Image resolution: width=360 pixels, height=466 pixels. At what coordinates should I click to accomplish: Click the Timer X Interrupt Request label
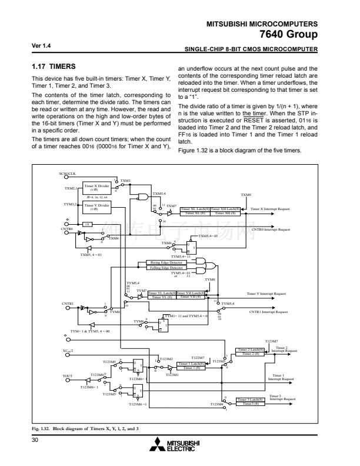[270, 209]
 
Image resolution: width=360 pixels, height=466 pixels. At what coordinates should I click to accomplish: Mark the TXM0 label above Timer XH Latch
[246, 194]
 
